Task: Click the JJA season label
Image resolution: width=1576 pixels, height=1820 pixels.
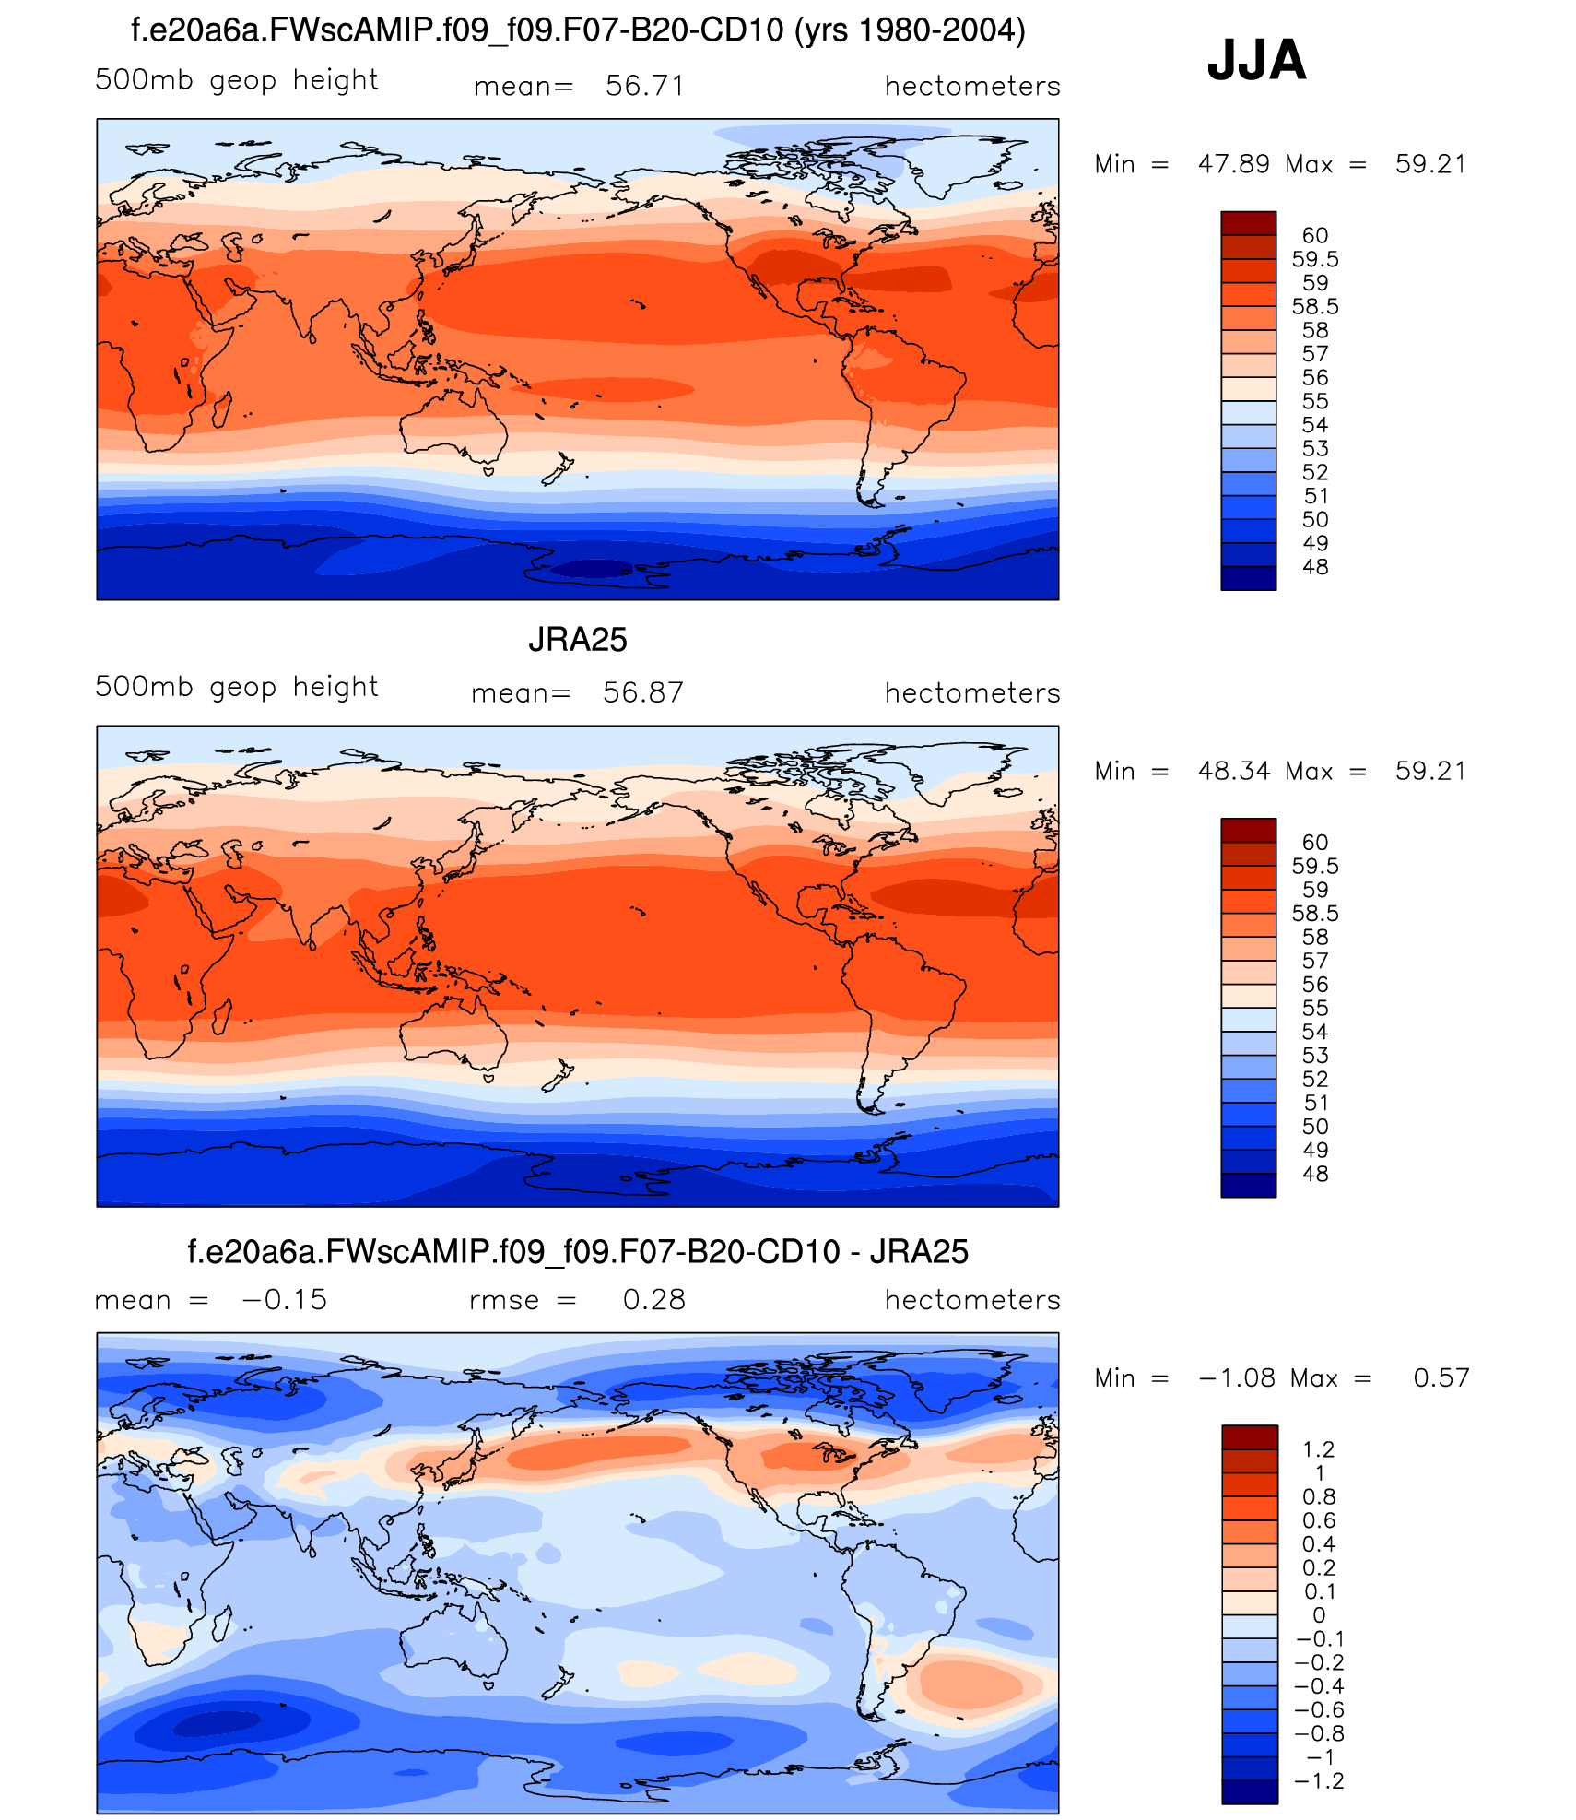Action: (1256, 60)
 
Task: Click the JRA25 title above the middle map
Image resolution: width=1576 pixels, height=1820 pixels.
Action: (577, 640)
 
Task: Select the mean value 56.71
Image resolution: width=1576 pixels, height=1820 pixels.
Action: (644, 86)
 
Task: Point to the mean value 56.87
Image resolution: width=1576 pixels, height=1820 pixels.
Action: (642, 692)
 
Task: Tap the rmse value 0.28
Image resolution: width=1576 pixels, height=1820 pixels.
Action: (653, 1299)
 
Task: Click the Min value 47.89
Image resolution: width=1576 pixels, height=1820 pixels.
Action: (1233, 164)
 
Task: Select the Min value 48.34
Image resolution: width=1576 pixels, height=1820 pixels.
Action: (1233, 771)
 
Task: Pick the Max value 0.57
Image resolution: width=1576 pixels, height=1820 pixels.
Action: (1441, 1377)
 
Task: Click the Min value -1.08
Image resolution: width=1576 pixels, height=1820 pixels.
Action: (1236, 1377)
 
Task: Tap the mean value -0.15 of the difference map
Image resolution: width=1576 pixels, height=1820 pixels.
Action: (284, 1299)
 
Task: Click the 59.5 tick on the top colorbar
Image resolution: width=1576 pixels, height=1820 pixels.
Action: (1314, 259)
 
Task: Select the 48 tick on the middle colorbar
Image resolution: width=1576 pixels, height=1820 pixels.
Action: (1314, 1174)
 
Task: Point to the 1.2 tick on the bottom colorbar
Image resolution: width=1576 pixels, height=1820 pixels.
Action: (1318, 1449)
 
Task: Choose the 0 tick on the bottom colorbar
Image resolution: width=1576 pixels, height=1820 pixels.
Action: (1319, 1615)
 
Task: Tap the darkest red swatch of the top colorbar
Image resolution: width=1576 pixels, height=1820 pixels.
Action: (1248, 223)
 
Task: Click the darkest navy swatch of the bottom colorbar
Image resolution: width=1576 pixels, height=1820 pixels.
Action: (1249, 1791)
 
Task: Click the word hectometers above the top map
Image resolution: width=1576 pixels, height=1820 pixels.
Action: (971, 86)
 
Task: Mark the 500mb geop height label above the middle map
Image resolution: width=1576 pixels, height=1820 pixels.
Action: (236, 687)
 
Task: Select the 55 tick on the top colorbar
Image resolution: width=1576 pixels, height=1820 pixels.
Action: (1314, 401)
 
